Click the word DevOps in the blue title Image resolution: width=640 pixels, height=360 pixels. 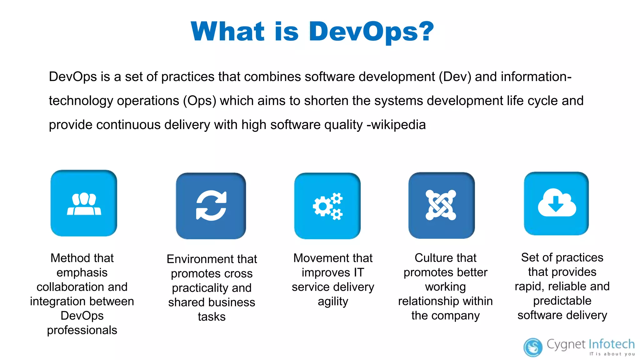pyautogui.click(x=364, y=31)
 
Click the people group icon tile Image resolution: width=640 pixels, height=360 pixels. pyautogui.click(x=84, y=203)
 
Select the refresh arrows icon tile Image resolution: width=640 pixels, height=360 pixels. pyautogui.click(x=211, y=206)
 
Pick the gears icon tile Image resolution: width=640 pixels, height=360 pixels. pyautogui.click(x=327, y=206)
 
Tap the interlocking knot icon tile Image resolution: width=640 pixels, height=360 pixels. pyautogui.click(x=441, y=205)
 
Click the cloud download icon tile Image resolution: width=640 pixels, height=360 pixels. pyautogui.click(x=556, y=203)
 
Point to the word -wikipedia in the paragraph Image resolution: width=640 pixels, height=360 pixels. pyautogui.click(x=396, y=125)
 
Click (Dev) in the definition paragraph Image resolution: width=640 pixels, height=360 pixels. pyautogui.click(x=455, y=77)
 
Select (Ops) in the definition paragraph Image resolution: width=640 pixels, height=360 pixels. pyautogui.click(x=200, y=101)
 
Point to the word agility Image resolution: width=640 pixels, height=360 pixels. pyautogui.click(x=333, y=302)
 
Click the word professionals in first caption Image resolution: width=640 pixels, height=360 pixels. pyautogui.click(x=82, y=330)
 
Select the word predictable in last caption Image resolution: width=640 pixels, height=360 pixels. pyautogui.click(x=562, y=301)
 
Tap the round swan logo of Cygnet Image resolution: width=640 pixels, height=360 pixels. pyautogui.click(x=533, y=347)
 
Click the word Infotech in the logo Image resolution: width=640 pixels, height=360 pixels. pyautogui.click(x=612, y=344)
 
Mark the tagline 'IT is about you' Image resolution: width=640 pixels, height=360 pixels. pyautogui.click(x=612, y=354)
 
